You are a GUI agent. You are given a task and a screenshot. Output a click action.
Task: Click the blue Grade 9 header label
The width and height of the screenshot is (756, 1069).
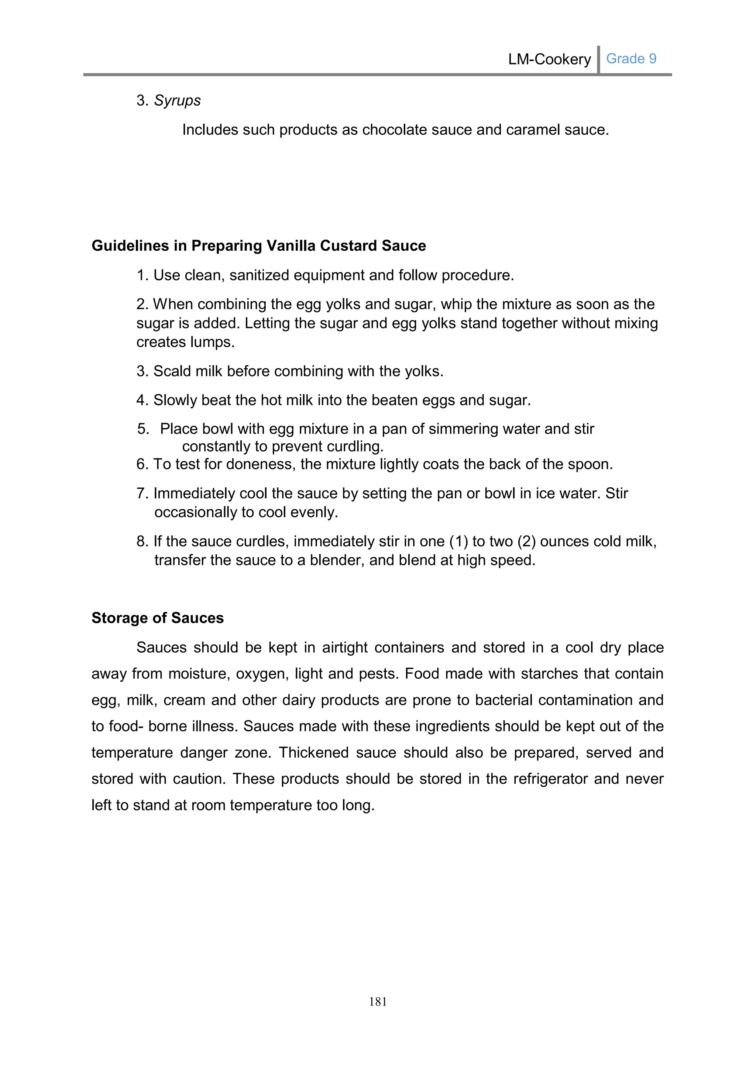631,59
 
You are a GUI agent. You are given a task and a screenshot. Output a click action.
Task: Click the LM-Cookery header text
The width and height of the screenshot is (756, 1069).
549,59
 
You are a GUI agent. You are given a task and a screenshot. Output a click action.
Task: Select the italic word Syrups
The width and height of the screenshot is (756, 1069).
177,100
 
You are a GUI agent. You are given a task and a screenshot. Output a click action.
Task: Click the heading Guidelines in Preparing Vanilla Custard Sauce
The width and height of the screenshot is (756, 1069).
258,246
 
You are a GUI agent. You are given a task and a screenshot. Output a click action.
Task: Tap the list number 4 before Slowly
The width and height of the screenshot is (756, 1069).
141,401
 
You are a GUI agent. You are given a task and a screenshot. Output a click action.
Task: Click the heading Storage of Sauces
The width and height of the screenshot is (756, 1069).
157,618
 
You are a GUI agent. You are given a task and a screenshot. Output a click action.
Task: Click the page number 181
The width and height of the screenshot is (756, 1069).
378,1002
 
